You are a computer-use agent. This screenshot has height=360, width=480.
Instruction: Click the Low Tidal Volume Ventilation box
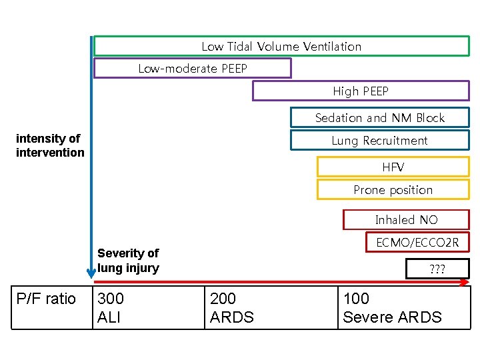click(x=281, y=46)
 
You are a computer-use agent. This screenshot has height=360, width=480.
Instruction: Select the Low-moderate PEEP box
click(x=193, y=68)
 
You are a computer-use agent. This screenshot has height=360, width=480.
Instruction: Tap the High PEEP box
click(x=360, y=91)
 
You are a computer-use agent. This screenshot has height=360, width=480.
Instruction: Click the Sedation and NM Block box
click(x=379, y=118)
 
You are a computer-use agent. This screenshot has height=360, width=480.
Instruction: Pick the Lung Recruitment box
click(x=379, y=140)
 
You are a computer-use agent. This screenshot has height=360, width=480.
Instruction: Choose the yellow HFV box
click(x=393, y=167)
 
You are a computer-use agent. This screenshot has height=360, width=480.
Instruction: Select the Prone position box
click(x=393, y=190)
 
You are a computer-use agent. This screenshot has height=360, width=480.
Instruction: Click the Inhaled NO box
click(x=406, y=219)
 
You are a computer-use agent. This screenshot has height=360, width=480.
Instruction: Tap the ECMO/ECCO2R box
click(x=417, y=242)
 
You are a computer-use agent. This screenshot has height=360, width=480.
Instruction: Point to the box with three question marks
click(x=437, y=269)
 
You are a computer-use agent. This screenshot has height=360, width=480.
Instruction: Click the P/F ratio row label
click(x=46, y=299)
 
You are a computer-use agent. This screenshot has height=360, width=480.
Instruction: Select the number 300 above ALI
click(x=111, y=299)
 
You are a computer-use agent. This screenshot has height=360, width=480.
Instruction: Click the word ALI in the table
click(x=109, y=317)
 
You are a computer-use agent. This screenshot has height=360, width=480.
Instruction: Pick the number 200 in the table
click(x=223, y=299)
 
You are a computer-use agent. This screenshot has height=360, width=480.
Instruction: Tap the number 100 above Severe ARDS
click(x=356, y=299)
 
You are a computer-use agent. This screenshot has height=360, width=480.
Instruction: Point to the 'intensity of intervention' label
click(x=50, y=145)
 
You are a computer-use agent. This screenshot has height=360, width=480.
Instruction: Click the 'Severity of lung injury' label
click(x=128, y=261)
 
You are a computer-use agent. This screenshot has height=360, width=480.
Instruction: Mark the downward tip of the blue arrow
click(x=91, y=277)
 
